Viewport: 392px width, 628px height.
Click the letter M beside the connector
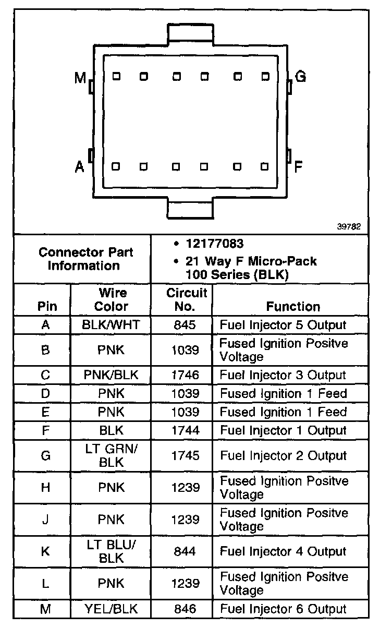point(80,78)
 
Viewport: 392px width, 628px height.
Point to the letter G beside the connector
point(301,77)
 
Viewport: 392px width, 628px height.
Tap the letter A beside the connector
point(80,167)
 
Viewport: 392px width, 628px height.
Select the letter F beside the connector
point(299,167)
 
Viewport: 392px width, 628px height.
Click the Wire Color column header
point(112,299)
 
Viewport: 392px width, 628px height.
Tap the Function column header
point(292,306)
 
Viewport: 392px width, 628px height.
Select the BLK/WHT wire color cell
point(112,325)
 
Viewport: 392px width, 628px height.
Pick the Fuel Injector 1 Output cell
point(283,430)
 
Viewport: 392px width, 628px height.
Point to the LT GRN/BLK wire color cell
point(112,455)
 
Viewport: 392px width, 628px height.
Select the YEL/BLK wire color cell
point(112,608)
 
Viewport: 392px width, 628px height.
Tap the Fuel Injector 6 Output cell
point(283,608)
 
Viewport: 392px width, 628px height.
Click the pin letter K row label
point(45,551)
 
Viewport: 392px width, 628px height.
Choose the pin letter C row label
point(45,375)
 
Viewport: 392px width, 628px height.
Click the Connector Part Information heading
point(86,259)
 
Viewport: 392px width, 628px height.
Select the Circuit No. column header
point(187,299)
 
